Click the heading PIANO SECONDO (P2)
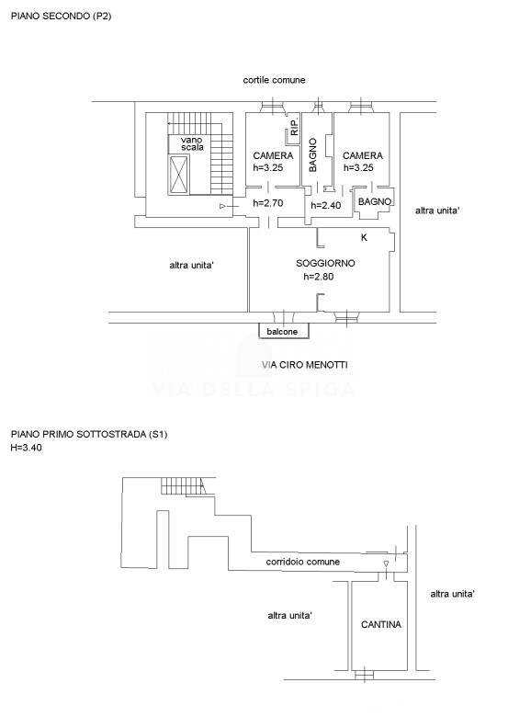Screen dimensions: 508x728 point(61,17)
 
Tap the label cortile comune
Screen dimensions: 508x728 point(274,80)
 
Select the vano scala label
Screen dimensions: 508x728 point(192,143)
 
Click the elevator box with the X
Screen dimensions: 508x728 point(178,174)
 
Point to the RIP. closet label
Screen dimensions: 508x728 point(295,126)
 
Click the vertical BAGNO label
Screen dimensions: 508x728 point(313,155)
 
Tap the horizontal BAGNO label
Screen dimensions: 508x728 point(375,202)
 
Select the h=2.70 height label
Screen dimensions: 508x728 point(267,203)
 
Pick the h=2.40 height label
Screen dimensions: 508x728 point(326,205)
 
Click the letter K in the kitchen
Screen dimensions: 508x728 point(364,237)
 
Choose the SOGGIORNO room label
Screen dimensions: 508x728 point(326,263)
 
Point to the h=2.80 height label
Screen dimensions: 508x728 point(319,277)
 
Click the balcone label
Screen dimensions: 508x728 point(282,332)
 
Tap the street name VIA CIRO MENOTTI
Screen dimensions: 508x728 point(305,365)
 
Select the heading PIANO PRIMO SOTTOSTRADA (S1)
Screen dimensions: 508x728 point(89,435)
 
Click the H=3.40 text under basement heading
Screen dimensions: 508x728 point(26,448)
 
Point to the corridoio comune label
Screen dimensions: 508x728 point(303,562)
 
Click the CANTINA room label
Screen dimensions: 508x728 point(381,624)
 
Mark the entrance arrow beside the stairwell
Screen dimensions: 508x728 point(222,206)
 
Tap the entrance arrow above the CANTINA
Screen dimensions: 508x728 point(386,563)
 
